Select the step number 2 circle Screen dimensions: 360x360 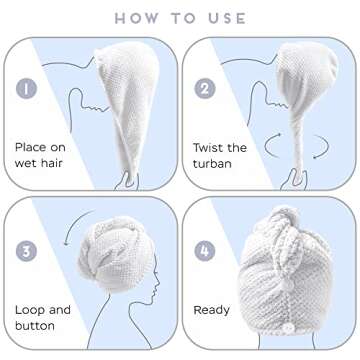[x=207, y=89]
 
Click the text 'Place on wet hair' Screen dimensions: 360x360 [x=40, y=154]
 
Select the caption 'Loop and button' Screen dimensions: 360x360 [x=43, y=317]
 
